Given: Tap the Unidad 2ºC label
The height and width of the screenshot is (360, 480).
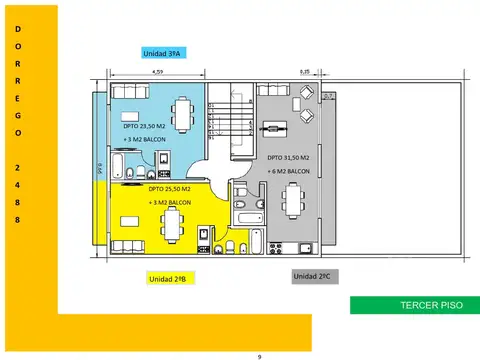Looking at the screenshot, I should click(x=312, y=275).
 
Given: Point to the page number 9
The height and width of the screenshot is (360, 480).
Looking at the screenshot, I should click(x=259, y=355).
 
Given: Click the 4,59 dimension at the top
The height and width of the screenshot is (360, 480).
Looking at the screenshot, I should click(x=158, y=72).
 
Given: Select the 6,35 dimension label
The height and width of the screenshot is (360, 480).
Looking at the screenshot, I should click(x=305, y=72).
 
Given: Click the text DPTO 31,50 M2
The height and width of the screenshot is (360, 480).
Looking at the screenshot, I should click(x=290, y=158).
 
